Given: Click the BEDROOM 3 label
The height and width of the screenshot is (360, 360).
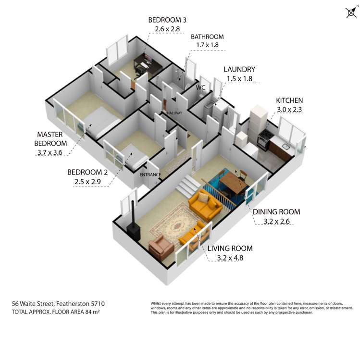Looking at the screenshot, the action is point(167,20).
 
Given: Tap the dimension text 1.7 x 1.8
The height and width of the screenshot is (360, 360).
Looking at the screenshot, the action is point(207,45).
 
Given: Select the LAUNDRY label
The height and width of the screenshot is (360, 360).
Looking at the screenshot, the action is point(239,69).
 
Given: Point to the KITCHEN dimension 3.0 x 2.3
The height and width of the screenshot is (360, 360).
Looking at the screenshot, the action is point(289,110).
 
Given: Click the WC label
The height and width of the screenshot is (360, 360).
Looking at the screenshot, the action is point(200,87).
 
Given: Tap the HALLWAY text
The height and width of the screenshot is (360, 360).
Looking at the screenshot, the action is point(174,113).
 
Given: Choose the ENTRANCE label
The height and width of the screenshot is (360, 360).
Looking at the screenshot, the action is point(150,175).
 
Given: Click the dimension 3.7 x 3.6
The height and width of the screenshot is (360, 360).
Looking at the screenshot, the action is point(50,152).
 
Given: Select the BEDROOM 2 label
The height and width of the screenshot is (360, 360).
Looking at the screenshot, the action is point(87,172).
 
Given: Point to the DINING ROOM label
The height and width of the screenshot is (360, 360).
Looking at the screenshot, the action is point(276,211).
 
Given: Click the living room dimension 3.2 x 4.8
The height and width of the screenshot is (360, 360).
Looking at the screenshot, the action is point(230,258).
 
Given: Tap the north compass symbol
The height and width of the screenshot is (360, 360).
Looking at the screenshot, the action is point(351,12).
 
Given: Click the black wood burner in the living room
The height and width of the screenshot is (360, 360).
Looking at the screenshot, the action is point(133,227).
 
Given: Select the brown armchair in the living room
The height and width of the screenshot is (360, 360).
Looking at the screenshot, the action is point(161,247).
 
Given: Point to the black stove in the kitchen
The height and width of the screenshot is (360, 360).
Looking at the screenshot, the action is point(264,139).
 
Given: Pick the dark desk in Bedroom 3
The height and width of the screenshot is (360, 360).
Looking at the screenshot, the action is point(148,63).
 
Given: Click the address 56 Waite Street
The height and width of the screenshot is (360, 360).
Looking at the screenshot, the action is point(33,304).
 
